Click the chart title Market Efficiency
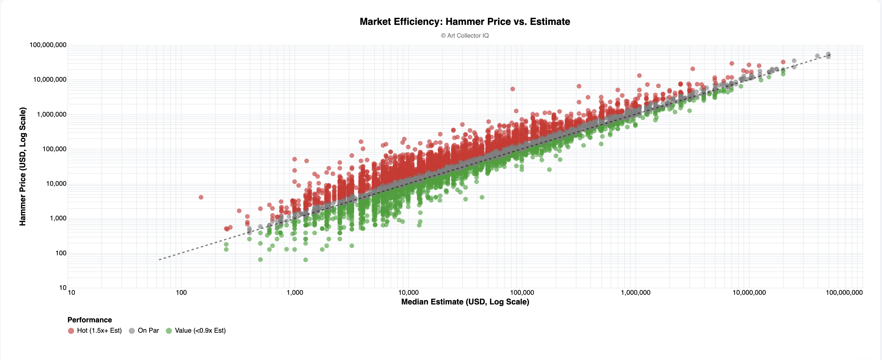pos(465,22)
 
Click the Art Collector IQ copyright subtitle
pos(465,36)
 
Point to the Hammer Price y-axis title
pos(22,166)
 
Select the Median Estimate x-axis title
pos(465,302)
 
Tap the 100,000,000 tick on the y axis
pos(48,45)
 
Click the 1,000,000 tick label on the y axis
pos(51,114)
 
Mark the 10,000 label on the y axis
pos(56,184)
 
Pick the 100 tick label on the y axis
pos(61,253)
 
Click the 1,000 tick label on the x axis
pos(295,293)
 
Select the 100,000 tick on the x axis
pos(522,293)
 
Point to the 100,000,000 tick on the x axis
pos(844,293)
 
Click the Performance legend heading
pos(90,320)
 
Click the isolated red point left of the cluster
pos(201,197)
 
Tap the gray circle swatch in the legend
pos(132,331)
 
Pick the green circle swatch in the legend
pos(169,331)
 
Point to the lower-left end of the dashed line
pos(160,260)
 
